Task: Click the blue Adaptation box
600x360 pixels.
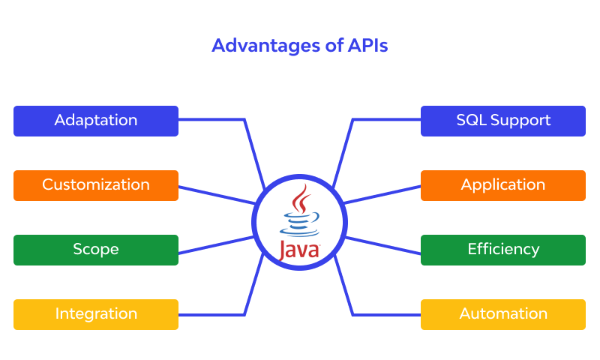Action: coord(96,121)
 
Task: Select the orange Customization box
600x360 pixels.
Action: coord(96,185)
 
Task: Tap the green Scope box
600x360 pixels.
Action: coord(96,250)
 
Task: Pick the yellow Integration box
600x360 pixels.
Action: coord(96,314)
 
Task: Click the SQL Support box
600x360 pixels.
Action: coord(503,121)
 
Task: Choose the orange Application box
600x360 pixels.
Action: coord(503,185)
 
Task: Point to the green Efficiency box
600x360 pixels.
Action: coord(503,250)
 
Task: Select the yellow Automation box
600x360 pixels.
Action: coord(503,314)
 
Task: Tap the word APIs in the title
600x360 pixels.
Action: coord(367,46)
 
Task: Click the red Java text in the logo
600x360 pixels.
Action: coord(299,250)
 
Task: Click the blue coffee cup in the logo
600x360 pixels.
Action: coord(298,224)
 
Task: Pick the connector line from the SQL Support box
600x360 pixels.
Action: coord(386,119)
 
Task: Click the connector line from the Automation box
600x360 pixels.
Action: coord(386,314)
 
